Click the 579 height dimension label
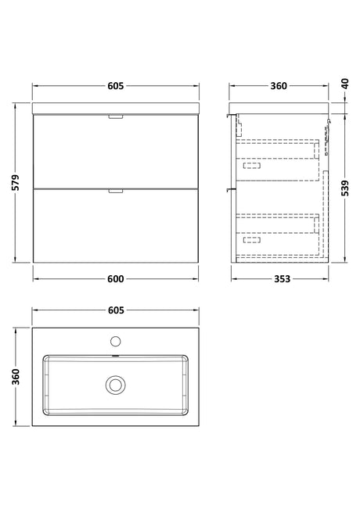click(16, 182)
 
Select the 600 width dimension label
click(116, 279)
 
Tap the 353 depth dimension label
click(282, 279)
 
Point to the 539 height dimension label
click(345, 188)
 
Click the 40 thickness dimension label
click(345, 84)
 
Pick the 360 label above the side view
click(279, 86)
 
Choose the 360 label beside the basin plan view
click(16, 377)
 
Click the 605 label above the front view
click(116, 86)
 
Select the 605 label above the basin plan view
click(116, 310)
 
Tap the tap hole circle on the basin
click(116, 341)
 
